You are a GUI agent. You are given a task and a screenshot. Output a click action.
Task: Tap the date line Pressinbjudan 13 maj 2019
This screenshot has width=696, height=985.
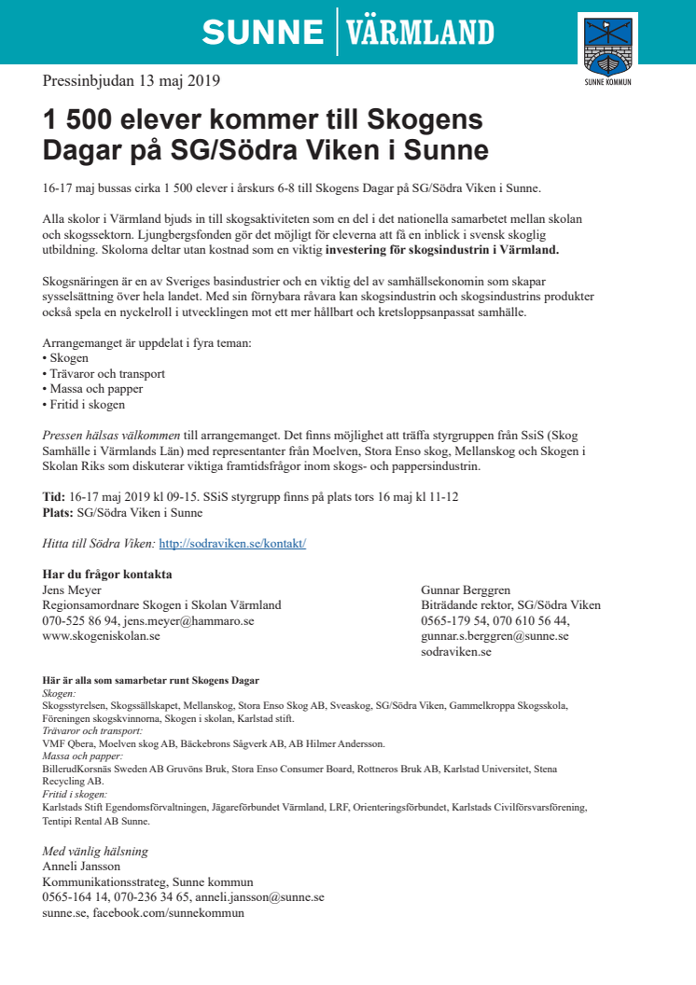point(132,80)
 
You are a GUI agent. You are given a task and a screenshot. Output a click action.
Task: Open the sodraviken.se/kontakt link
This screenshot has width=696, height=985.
point(232,543)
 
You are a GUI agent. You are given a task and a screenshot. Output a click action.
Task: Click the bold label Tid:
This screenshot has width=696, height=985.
point(54,496)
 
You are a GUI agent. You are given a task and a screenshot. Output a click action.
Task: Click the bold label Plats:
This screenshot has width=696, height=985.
point(58,512)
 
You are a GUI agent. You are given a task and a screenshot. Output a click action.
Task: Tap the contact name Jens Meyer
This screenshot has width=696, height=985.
point(73,590)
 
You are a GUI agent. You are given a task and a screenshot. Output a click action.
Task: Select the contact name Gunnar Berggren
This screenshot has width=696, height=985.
point(466,590)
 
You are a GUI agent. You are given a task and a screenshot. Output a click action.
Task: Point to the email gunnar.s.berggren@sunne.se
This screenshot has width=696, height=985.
point(494,636)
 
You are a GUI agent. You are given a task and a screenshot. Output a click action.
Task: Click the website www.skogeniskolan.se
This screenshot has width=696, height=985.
point(102,636)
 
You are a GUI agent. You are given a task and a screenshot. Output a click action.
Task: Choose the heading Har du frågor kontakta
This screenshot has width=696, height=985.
point(108,574)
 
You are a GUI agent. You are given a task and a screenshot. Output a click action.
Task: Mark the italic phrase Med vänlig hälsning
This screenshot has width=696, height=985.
point(95,851)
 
